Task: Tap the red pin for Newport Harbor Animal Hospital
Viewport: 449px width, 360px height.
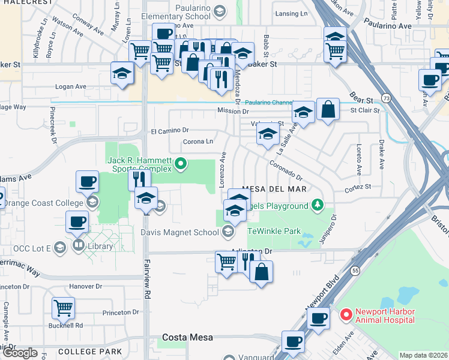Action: coord(346,314)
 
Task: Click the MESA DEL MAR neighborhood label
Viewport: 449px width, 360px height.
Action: coord(274,189)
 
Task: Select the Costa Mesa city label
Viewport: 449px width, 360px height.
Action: coord(187,337)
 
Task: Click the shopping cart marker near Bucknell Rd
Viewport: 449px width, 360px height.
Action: coord(63,308)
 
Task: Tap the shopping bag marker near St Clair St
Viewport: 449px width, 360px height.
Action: coord(328,109)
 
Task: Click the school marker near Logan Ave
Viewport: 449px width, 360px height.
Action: coord(122,73)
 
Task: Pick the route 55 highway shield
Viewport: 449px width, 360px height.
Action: coord(355,271)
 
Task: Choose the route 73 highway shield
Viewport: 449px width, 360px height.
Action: coord(386,97)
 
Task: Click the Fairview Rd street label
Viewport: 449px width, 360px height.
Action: coord(146,276)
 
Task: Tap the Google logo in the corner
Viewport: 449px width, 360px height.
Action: coord(20,353)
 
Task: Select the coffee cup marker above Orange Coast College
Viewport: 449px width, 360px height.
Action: coord(87,181)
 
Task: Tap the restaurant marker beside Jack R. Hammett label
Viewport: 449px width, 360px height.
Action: coord(138,179)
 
